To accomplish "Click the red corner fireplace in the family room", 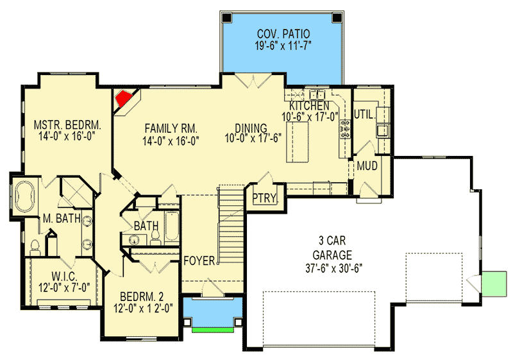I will (x=123, y=99).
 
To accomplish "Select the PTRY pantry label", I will (x=263, y=198).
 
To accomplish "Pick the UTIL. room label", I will (x=364, y=114).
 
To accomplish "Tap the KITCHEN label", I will (x=310, y=105).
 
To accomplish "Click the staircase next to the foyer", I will (x=231, y=225).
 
